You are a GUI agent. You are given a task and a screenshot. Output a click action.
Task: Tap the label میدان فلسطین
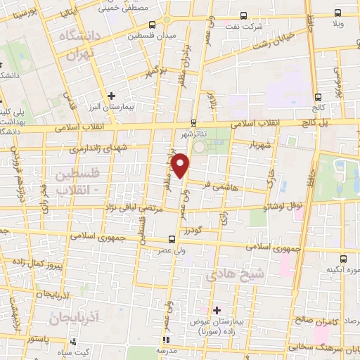click(x=151, y=34)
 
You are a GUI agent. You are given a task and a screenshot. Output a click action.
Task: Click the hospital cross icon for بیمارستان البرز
click(x=110, y=95)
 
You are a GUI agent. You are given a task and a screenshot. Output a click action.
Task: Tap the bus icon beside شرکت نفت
click(x=243, y=15)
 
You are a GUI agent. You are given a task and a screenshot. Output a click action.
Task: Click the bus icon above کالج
click(x=318, y=97)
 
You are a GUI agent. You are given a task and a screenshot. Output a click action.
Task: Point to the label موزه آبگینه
click(x=343, y=270)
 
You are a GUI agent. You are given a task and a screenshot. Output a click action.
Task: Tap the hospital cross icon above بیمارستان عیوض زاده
click(x=217, y=309)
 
